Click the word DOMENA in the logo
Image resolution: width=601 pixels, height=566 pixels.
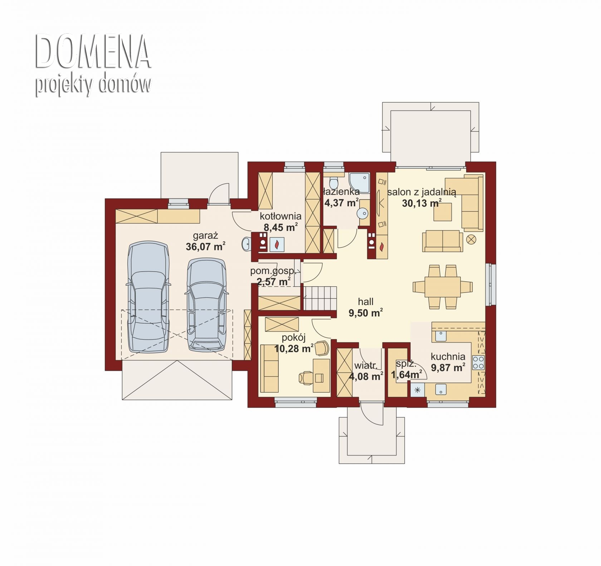click(93, 51)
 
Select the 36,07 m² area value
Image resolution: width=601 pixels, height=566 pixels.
click(206, 246)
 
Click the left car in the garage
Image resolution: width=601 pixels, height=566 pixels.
click(148, 297)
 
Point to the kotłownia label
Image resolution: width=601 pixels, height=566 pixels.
click(280, 216)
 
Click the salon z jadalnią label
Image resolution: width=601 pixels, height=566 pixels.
click(421, 192)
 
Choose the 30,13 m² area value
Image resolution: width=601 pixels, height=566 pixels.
click(422, 203)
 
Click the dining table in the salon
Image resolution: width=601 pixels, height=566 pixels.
click(443, 287)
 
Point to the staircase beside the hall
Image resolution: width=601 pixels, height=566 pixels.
click(321, 297)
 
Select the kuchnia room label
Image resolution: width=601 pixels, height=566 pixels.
click(448, 356)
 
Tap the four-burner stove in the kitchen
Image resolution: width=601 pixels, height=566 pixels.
click(478, 362)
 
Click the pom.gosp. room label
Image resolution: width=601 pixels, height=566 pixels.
click(273, 271)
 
